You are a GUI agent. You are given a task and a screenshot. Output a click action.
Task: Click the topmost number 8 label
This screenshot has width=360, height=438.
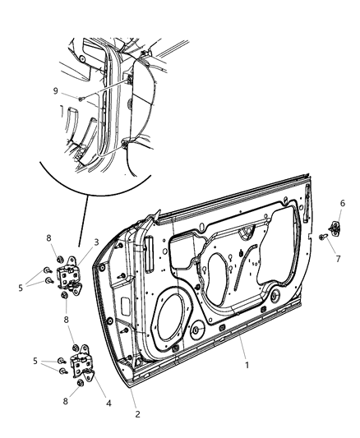tap(51, 239)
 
